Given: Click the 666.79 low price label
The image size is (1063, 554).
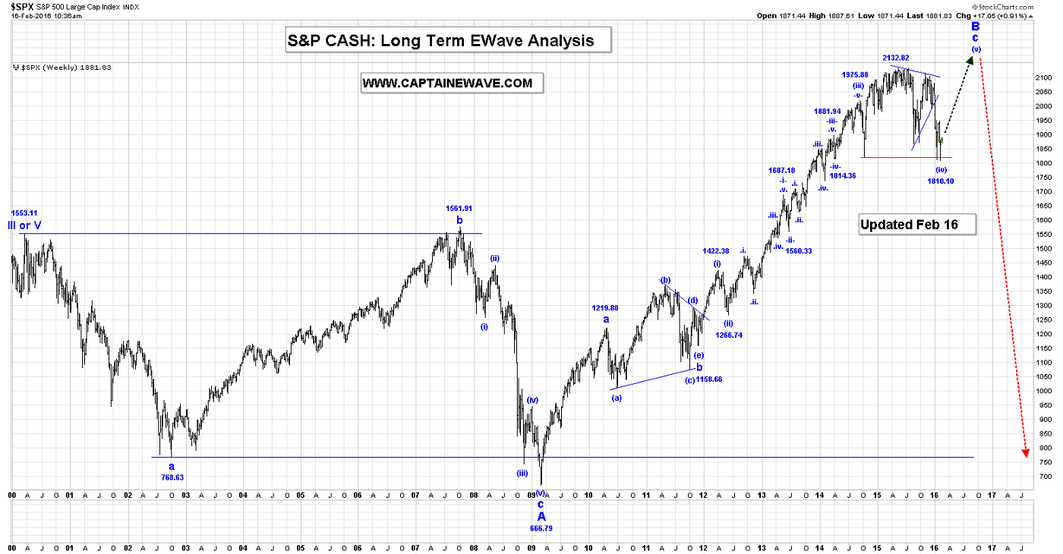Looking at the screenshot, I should [541, 527].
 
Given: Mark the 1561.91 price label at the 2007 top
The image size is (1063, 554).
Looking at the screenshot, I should [459, 208].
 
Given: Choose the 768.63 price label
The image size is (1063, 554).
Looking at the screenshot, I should [172, 477].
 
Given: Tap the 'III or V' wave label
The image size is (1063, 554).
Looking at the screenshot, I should [26, 225].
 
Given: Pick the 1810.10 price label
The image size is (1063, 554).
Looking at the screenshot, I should [940, 181].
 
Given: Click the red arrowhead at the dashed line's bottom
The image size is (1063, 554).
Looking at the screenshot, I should [1027, 452].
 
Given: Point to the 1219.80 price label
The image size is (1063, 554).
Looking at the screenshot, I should [605, 308].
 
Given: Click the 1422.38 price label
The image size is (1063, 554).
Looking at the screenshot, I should [716, 251].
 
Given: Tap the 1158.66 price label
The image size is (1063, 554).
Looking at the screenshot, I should [708, 379].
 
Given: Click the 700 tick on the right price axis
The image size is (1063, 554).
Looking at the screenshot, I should [1042, 477].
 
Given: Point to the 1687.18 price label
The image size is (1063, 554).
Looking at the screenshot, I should [781, 171].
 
